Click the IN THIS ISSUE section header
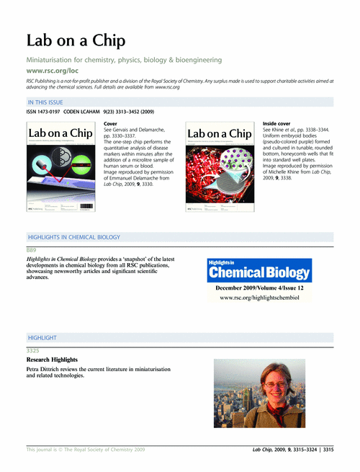pyautogui.click(x=48, y=104)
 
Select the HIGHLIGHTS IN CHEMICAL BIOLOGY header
pyautogui.click(x=73, y=237)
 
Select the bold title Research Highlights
pyautogui.click(x=52, y=360)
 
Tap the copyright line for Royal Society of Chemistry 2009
pyautogui.click(x=86, y=449)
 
